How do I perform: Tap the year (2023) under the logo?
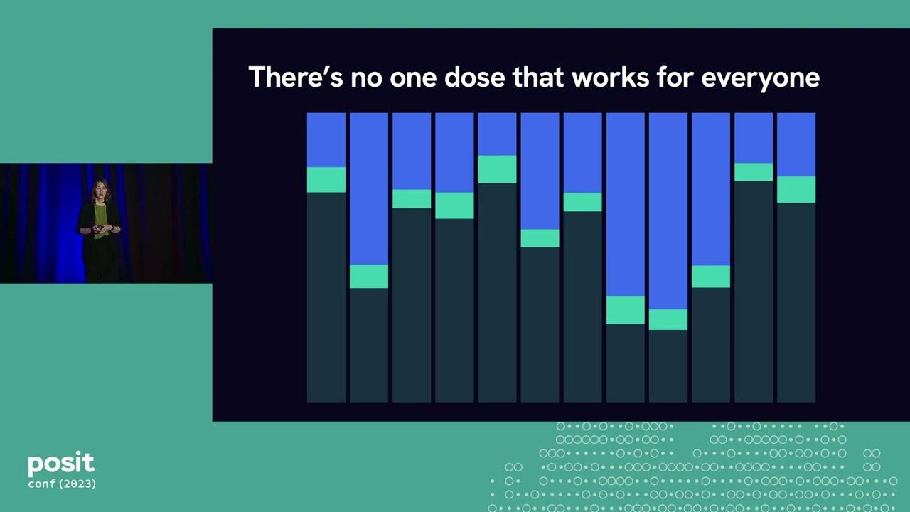77,484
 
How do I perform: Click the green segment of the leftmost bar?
326,180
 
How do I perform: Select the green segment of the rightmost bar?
796,190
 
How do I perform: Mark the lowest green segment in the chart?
668,319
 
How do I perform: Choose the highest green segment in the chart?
497,169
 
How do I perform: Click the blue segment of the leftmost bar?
326,139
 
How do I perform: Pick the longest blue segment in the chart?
668,210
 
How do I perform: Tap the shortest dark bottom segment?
668,366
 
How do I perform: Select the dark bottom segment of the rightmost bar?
796,302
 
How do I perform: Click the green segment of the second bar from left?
369,277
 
